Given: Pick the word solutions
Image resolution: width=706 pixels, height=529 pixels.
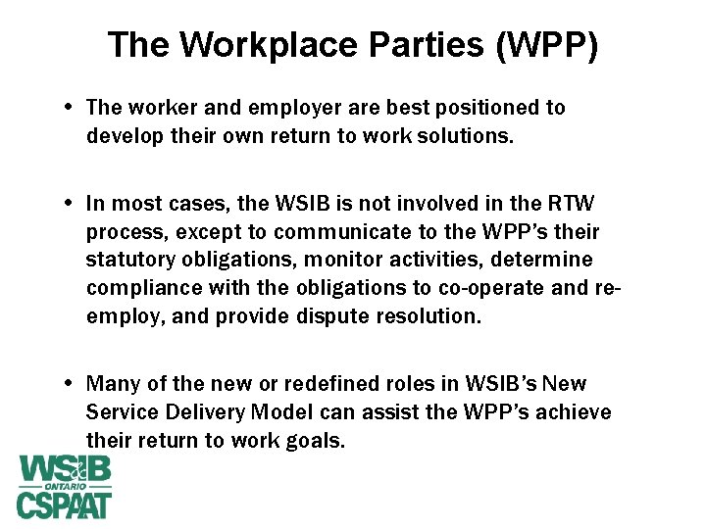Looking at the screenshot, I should (x=462, y=135).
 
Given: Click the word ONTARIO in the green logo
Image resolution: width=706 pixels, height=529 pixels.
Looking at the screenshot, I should (x=64, y=486).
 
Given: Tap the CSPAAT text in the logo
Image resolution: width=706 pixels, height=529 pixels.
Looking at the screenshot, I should (x=64, y=505).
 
